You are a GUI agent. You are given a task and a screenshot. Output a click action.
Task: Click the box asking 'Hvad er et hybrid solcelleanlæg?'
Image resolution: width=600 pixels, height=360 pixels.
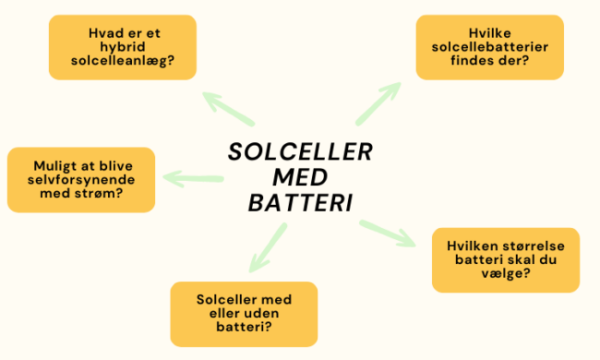point(122,47)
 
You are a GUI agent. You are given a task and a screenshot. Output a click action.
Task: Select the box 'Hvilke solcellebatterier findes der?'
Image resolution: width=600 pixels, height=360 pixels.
point(476,47)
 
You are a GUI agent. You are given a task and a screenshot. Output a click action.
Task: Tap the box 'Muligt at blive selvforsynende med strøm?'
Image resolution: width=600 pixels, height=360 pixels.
point(80,178)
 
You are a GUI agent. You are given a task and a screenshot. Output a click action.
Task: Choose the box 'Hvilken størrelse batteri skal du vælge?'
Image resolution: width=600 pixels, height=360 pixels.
point(505,260)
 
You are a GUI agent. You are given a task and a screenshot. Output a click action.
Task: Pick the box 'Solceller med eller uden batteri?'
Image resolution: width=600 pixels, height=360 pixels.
point(244,314)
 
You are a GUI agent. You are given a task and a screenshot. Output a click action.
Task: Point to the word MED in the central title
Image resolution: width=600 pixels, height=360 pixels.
point(301,177)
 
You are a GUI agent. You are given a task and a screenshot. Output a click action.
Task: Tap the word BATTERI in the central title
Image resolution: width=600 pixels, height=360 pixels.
point(301,202)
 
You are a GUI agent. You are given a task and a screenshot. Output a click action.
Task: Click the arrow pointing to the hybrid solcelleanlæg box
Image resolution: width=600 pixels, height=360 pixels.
point(227,108)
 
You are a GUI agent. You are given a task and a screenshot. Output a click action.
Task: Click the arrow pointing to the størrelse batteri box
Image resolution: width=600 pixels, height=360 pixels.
point(387,234)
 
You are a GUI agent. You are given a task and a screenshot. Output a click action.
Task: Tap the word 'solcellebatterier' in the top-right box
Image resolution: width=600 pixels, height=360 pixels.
point(477,47)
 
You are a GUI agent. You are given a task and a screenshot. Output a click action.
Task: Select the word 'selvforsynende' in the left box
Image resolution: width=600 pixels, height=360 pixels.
point(81,178)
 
